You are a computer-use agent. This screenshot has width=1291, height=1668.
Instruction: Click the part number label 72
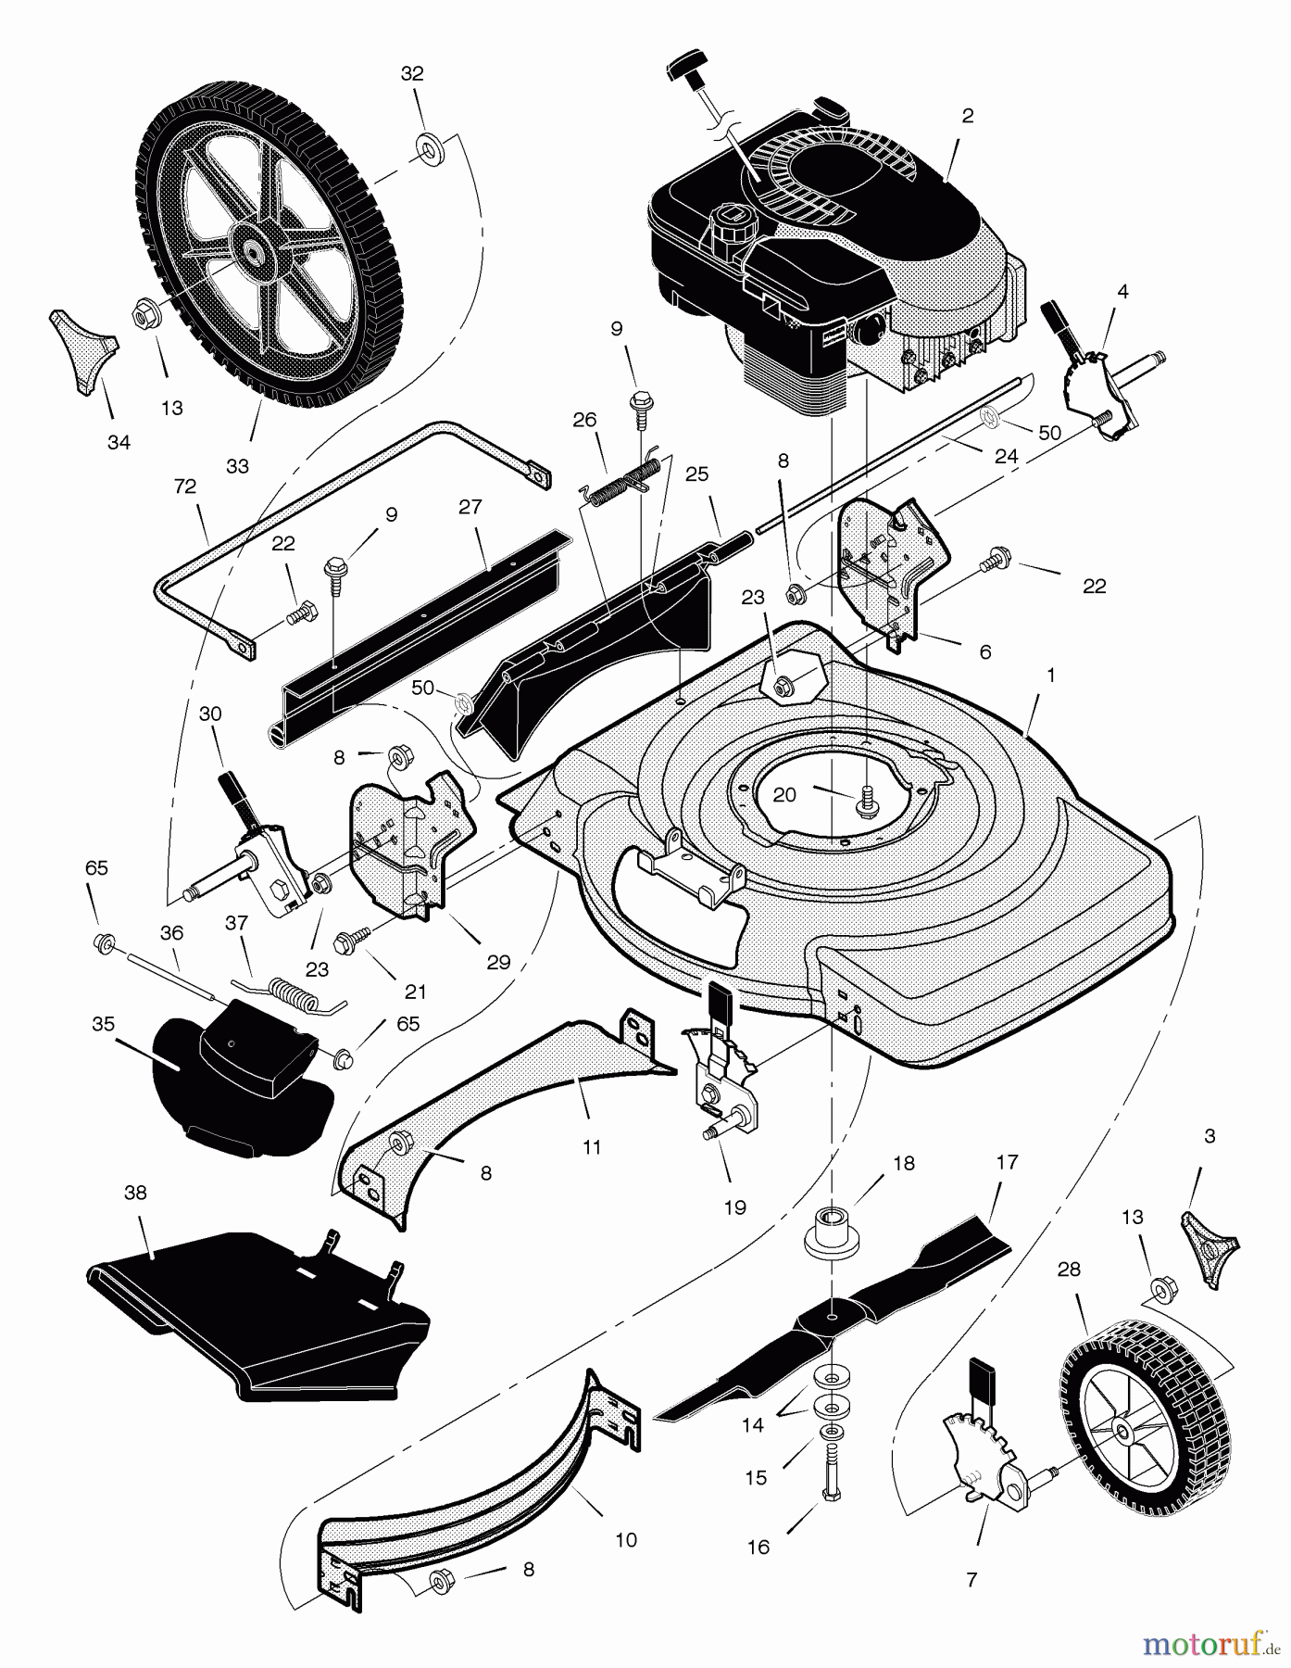(x=185, y=486)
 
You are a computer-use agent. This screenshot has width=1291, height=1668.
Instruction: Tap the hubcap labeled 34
(x=81, y=354)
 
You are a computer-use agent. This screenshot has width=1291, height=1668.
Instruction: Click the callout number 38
(x=135, y=1193)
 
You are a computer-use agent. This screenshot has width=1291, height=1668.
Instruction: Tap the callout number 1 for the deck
(x=1050, y=676)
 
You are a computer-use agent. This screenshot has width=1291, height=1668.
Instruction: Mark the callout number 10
(x=626, y=1540)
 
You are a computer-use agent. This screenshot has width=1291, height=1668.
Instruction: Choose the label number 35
(x=103, y=1025)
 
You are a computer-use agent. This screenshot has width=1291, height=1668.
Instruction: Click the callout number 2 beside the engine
(x=968, y=116)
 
